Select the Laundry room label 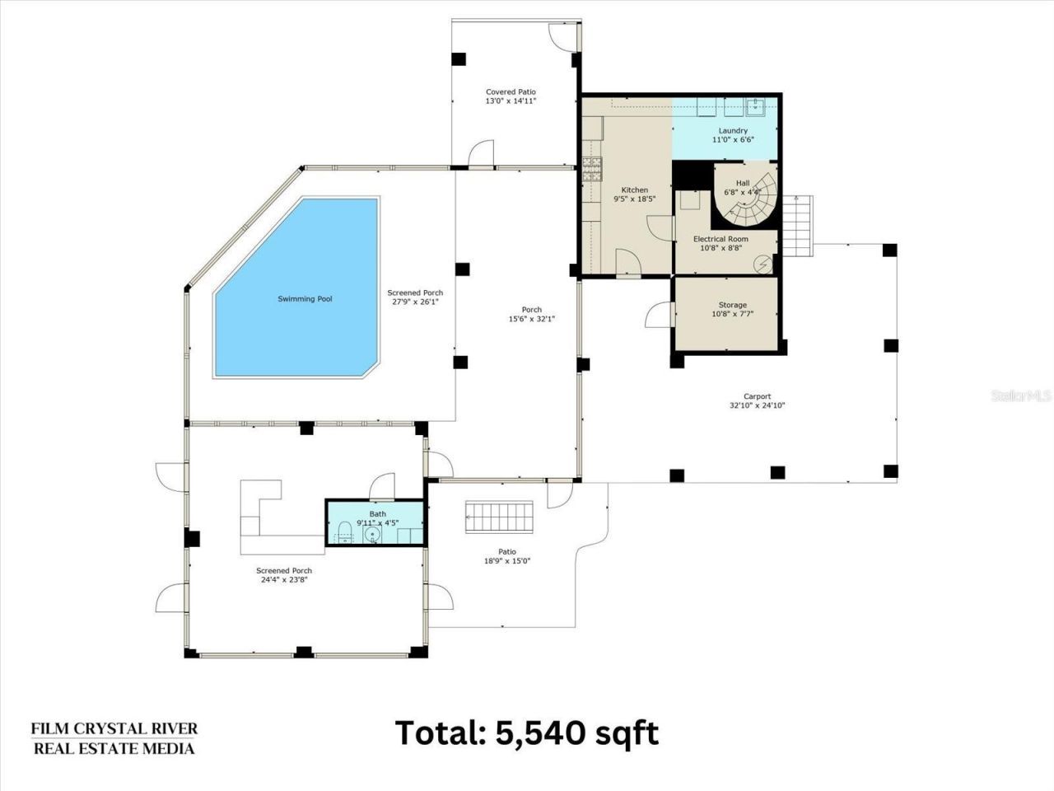point(733,131)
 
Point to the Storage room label point(732,305)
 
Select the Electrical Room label point(721,239)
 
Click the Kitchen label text point(634,190)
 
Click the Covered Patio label point(511,92)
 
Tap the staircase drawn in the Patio point(499,516)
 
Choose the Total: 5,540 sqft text point(527,732)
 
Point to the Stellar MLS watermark point(1021,396)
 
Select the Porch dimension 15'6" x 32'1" point(532,319)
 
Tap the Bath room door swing point(383,486)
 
